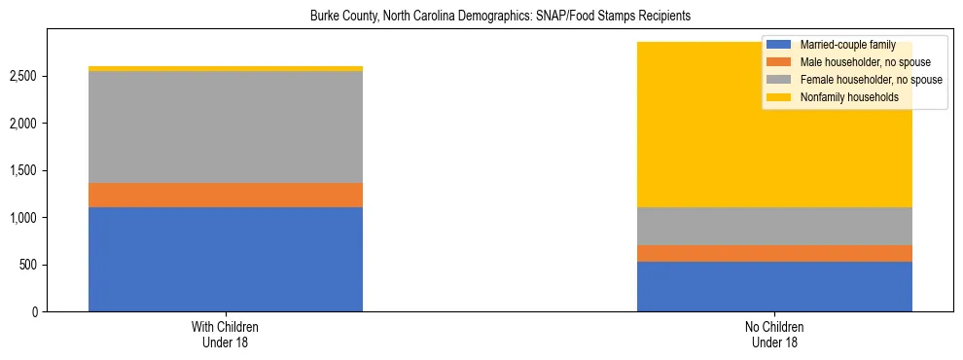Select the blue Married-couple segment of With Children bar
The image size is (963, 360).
pos(226,259)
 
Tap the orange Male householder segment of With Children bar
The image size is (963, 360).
pos(226,195)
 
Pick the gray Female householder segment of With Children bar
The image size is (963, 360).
pos(226,126)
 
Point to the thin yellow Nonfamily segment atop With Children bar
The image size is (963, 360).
pos(226,68)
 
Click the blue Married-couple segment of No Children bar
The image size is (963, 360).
pos(774,286)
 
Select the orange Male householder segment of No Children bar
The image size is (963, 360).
pos(774,253)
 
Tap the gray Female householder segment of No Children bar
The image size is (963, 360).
pos(774,226)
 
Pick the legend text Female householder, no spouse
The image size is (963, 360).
pos(871,80)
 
